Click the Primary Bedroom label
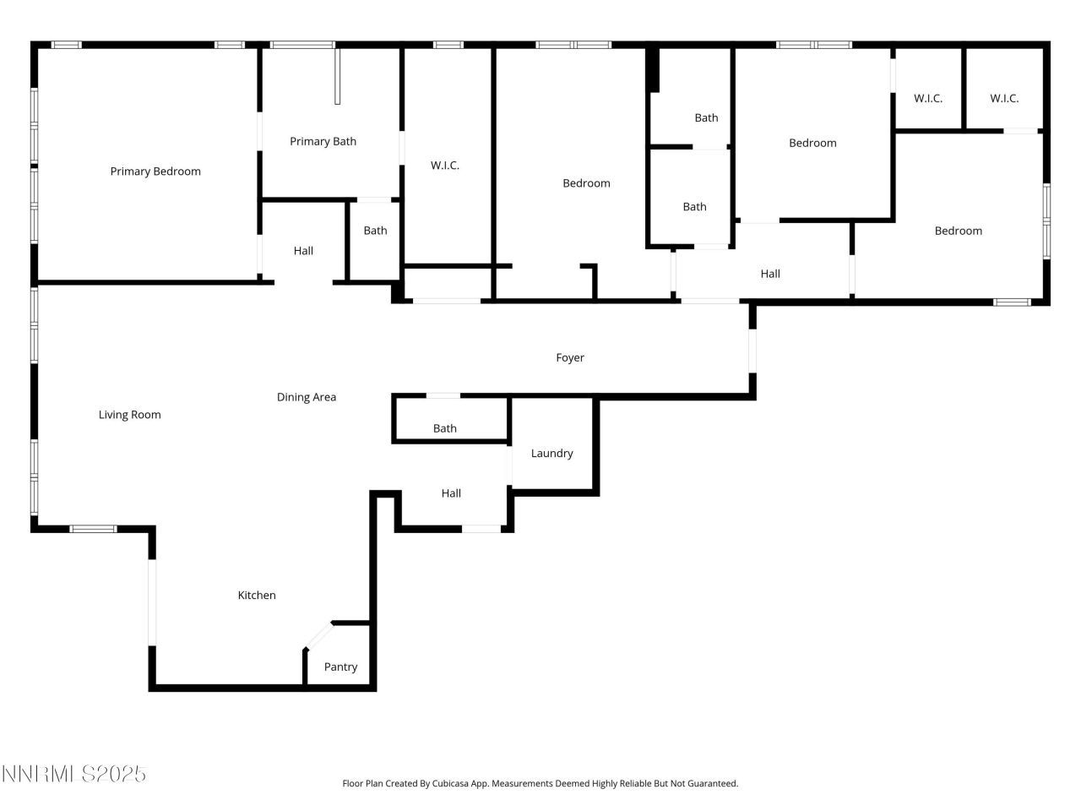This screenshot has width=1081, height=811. click(155, 171)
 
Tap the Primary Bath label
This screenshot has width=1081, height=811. click(323, 141)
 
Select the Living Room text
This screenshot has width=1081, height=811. click(129, 415)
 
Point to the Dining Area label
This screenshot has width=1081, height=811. click(307, 397)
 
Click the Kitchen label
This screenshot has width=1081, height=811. click(257, 596)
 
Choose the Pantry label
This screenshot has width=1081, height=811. click(340, 667)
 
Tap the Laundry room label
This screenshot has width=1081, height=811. click(551, 454)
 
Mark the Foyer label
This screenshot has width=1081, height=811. click(570, 358)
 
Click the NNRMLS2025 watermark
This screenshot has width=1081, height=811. click(74, 774)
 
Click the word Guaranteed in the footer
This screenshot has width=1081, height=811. click(711, 784)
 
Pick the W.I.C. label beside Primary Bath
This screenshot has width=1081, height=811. click(445, 166)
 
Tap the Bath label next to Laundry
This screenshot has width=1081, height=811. click(445, 428)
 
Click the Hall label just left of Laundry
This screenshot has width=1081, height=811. click(451, 493)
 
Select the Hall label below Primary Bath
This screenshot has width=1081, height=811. click(303, 251)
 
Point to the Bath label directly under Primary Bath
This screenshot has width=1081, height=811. click(375, 231)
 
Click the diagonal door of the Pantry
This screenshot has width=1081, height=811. click(318, 636)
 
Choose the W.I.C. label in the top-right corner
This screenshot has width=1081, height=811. click(1004, 98)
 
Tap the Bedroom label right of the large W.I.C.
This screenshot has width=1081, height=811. click(586, 183)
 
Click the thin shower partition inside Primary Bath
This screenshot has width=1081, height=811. click(337, 76)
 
